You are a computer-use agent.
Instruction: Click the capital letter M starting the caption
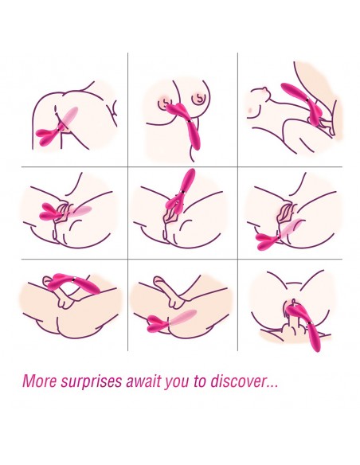pos(29,381)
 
